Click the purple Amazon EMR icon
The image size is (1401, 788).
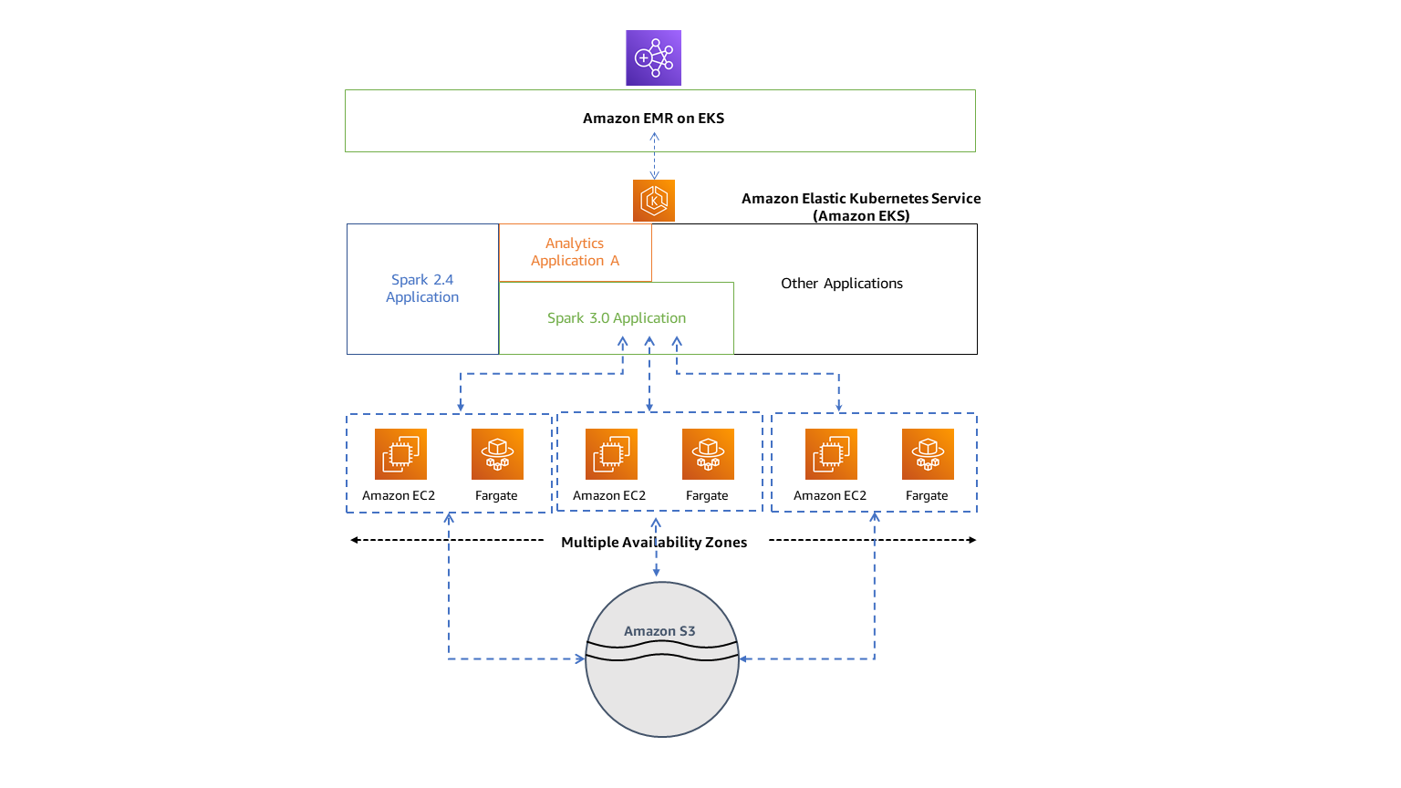click(x=653, y=57)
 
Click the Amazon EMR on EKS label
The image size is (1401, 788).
click(x=653, y=119)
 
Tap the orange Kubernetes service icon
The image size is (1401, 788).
click(x=653, y=201)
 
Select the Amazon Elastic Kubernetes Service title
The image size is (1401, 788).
click(x=861, y=207)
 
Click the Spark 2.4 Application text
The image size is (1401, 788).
click(x=422, y=288)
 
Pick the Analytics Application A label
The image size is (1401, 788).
click(x=575, y=252)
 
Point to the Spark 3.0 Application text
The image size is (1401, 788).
click(x=617, y=318)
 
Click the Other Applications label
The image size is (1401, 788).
click(x=842, y=284)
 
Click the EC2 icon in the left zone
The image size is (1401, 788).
click(x=400, y=454)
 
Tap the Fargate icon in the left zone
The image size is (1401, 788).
click(x=497, y=454)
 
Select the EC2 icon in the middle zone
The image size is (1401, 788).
click(x=611, y=454)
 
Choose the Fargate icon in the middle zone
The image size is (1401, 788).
click(x=708, y=454)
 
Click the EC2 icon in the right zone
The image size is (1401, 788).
click(x=831, y=454)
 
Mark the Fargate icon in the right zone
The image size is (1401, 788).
click(x=928, y=454)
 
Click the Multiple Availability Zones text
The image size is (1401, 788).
click(x=654, y=543)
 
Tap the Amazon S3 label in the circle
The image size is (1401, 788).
click(x=659, y=631)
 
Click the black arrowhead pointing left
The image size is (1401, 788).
click(x=355, y=540)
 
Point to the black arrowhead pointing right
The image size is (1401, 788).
click(x=972, y=540)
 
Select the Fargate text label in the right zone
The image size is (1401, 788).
click(x=927, y=496)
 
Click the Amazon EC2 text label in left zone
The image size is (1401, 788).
click(x=399, y=496)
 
